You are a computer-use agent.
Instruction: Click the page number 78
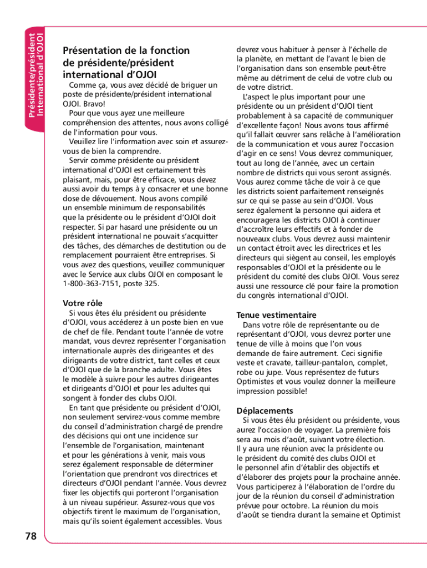(x=30, y=536)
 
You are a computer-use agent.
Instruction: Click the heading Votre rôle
(x=83, y=303)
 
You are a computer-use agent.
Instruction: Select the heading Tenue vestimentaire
(x=276, y=315)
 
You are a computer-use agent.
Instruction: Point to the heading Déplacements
(x=265, y=410)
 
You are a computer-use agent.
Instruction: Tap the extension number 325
(x=151, y=283)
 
